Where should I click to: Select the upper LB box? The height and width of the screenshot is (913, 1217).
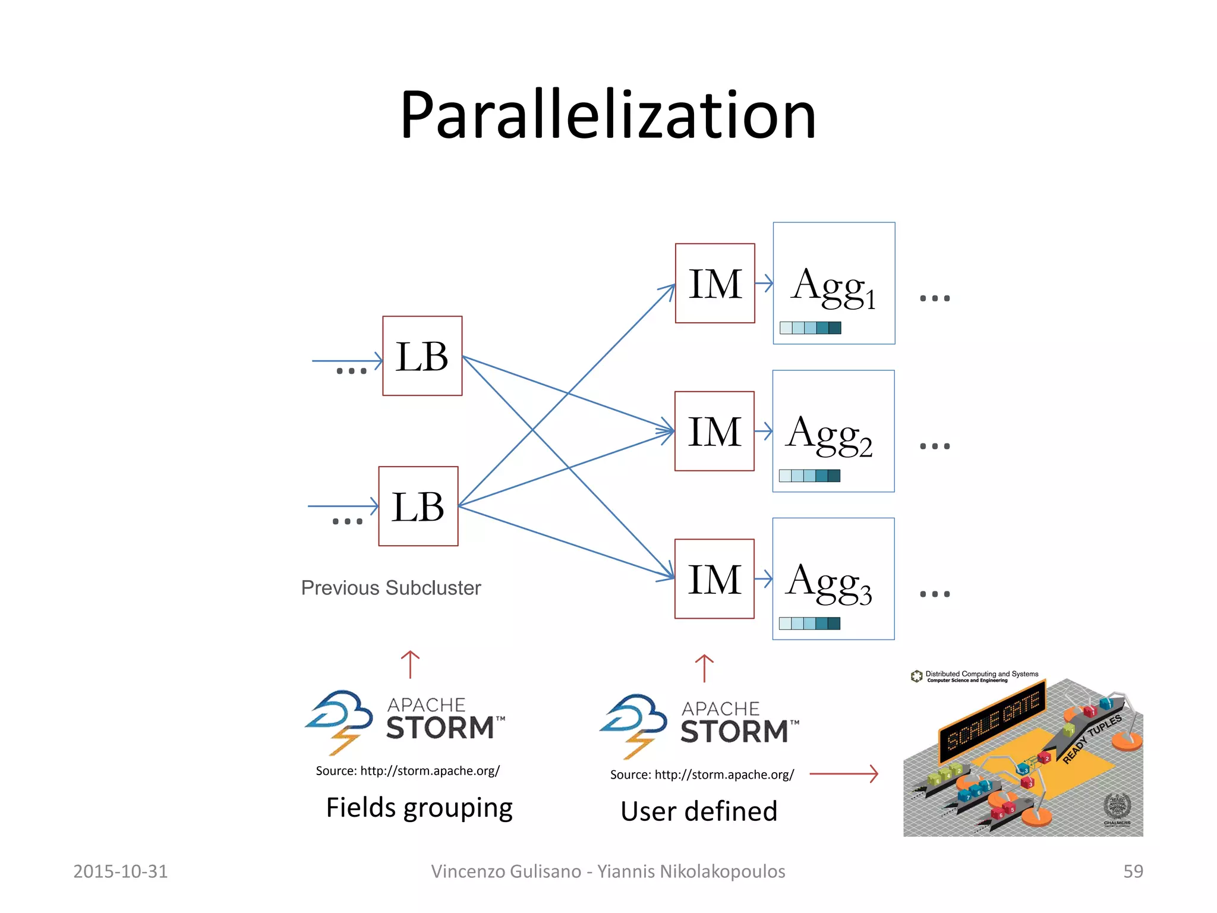click(x=422, y=356)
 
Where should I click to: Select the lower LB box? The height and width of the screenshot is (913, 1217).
click(x=418, y=506)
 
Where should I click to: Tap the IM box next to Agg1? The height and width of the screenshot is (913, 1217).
click(x=715, y=284)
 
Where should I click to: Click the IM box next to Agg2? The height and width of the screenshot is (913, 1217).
click(x=714, y=431)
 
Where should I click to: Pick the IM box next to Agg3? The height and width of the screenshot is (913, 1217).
click(x=714, y=579)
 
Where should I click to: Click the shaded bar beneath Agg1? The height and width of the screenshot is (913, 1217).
click(x=810, y=328)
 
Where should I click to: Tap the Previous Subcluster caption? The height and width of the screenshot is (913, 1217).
click(x=390, y=588)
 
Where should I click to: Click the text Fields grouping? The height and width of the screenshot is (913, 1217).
click(x=419, y=808)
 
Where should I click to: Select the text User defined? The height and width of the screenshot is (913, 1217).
click(x=699, y=811)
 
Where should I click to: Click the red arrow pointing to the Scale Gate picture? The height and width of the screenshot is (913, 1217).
click(x=843, y=774)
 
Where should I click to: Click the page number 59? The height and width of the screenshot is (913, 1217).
click(x=1133, y=871)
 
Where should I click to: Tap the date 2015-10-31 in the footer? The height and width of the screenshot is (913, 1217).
click(x=120, y=871)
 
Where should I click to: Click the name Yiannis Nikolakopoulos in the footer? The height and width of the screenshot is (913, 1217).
click(x=691, y=871)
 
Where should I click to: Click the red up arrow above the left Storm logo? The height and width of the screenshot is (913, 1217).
click(x=410, y=665)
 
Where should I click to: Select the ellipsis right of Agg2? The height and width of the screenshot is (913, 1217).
click(x=935, y=446)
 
